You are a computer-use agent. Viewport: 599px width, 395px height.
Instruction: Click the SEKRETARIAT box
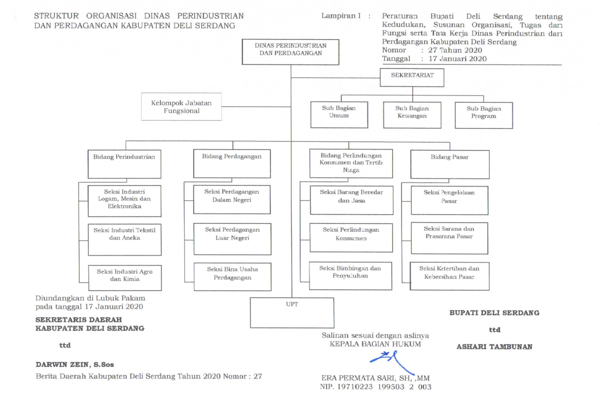point(412,77)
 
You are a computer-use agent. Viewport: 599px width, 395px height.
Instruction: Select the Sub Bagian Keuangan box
point(412,115)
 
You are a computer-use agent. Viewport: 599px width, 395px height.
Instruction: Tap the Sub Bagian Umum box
point(339,114)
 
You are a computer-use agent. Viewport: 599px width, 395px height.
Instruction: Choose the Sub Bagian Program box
point(483,115)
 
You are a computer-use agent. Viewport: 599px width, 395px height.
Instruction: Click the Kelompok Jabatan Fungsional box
point(181,107)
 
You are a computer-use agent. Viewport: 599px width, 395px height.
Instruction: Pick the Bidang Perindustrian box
point(124,164)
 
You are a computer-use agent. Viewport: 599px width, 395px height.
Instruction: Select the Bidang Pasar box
point(450,164)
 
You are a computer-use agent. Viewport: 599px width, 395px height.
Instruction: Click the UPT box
point(292,313)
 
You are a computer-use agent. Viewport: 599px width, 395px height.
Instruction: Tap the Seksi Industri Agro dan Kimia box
point(125,277)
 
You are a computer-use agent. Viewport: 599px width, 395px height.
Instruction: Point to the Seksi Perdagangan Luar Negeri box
point(232,238)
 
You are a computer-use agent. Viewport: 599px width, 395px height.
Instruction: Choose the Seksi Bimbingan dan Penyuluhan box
point(350,275)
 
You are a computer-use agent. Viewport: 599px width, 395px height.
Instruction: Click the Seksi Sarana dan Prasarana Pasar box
point(449,238)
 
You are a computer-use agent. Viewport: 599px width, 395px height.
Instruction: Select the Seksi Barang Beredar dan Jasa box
point(351,200)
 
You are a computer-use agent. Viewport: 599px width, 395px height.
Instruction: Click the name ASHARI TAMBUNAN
point(494,347)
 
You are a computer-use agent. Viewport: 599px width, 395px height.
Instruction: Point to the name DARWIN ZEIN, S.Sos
point(75,364)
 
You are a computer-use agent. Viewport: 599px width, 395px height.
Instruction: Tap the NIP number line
point(375,387)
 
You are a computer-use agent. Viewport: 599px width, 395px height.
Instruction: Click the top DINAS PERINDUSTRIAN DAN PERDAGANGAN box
point(290,52)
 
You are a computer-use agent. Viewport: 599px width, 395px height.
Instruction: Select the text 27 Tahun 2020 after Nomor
point(455,50)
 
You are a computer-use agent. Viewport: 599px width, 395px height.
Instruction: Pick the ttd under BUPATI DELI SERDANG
point(494,330)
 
